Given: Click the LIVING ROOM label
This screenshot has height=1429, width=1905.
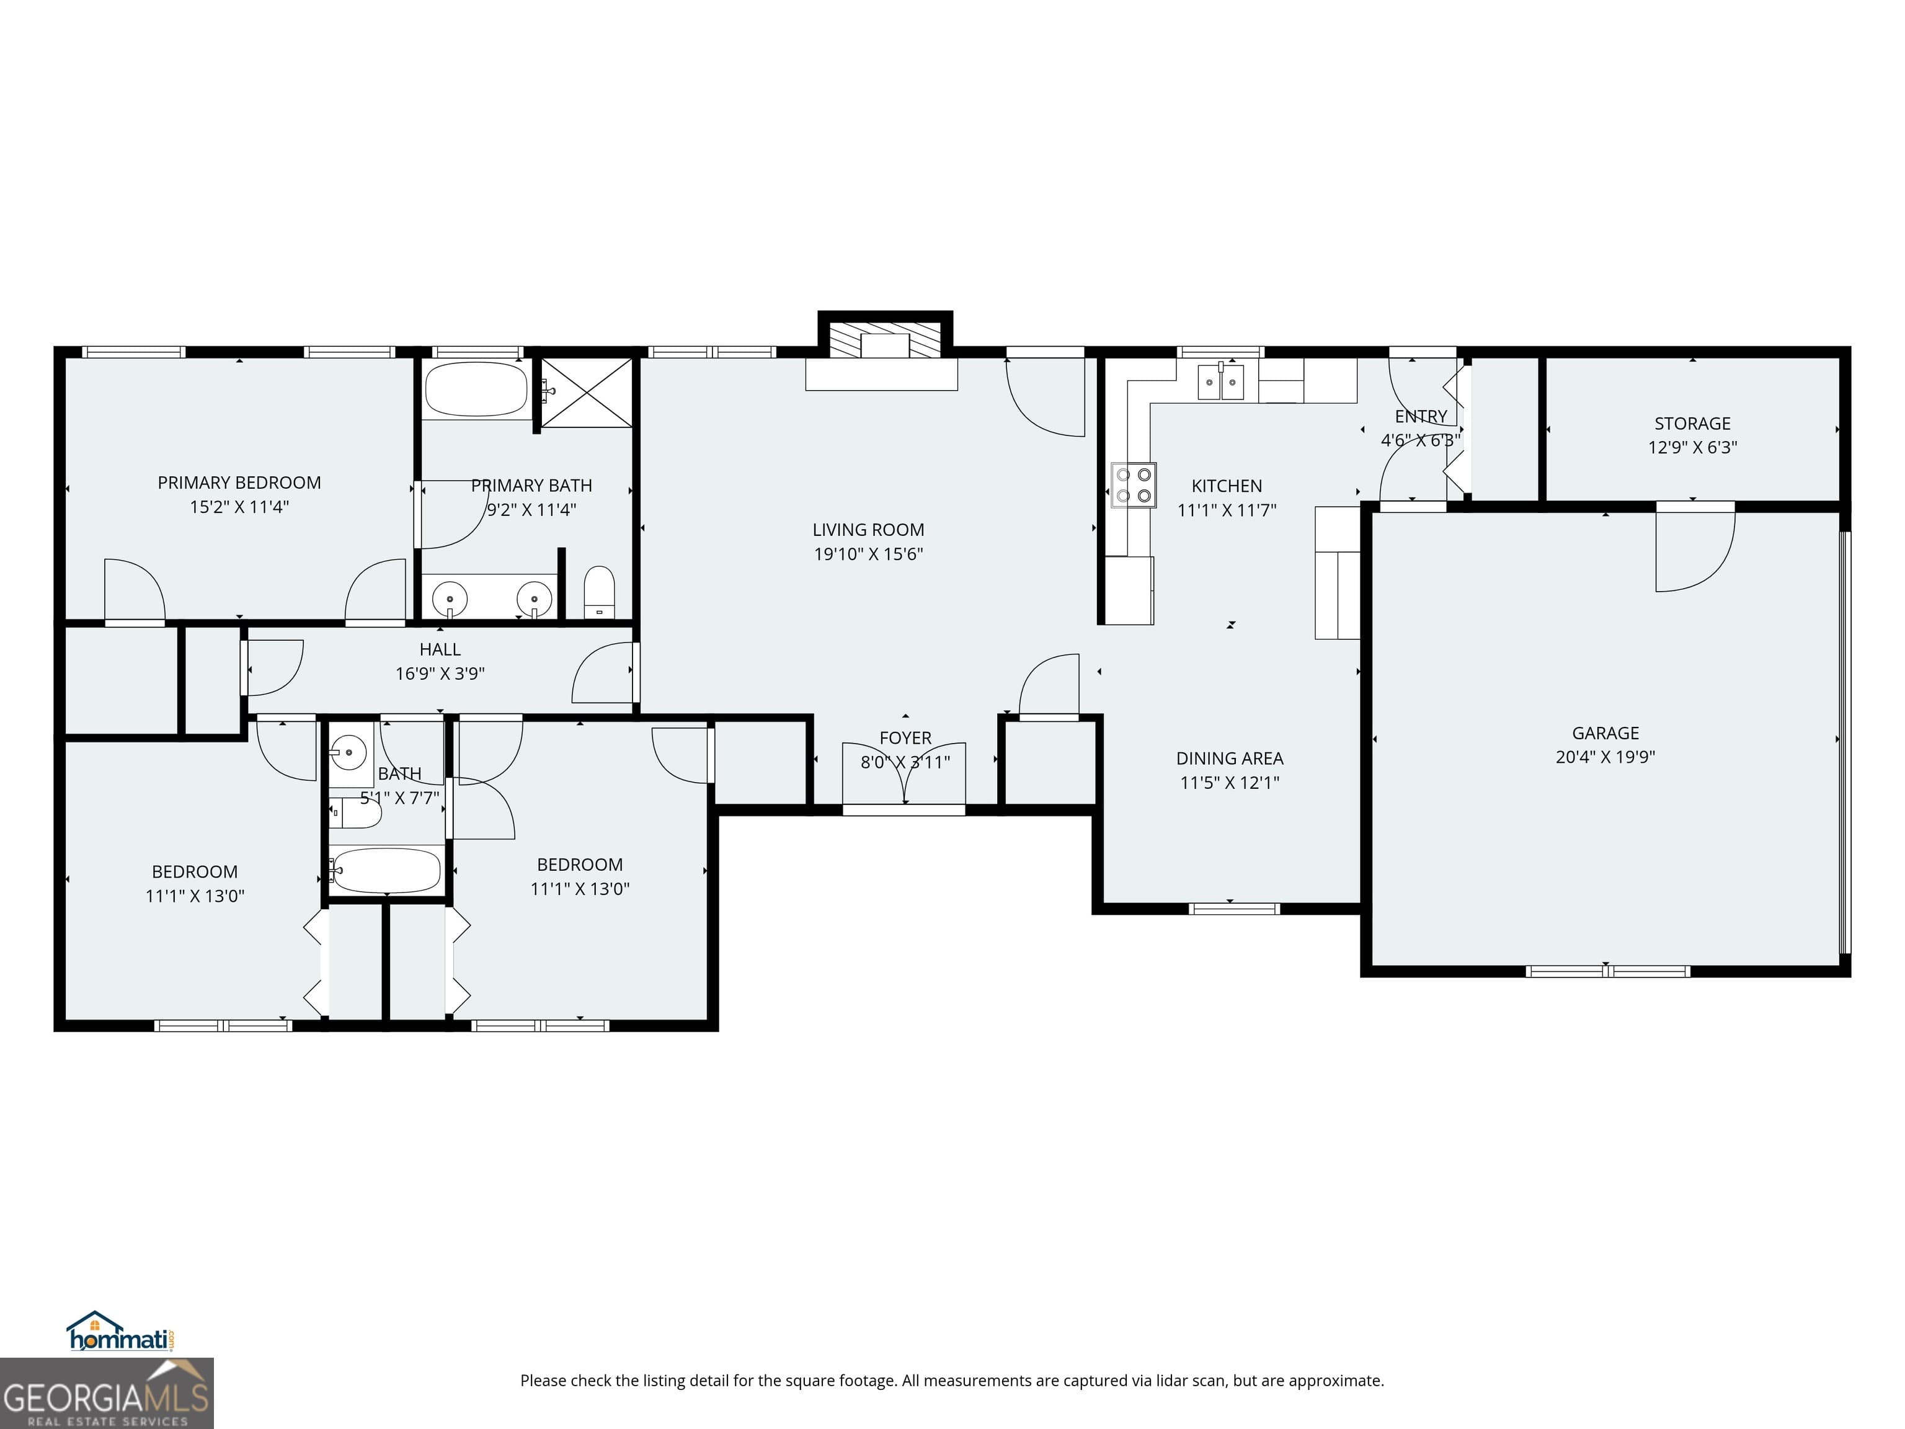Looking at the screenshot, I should point(868,530).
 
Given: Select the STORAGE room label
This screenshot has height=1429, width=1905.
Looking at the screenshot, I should point(1692,424).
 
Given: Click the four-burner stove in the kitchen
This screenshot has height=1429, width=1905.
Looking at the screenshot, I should point(1134,485).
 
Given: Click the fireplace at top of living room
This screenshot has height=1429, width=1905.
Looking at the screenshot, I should point(884,341).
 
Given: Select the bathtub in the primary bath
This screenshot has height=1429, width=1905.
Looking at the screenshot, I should point(476,390).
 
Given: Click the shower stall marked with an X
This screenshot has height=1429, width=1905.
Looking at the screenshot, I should point(587,393).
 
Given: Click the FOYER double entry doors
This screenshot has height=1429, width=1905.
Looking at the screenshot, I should point(904,775).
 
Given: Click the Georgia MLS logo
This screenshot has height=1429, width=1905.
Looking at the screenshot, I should point(106,1393).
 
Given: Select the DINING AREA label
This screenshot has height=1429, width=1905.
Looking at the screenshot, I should point(1229,759).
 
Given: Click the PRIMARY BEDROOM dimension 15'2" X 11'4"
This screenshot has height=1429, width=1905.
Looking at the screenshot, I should point(239,507).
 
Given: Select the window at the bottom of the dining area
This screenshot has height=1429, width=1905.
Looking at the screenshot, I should point(1233,909).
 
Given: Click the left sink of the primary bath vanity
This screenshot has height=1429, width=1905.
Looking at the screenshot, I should point(450,598).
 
